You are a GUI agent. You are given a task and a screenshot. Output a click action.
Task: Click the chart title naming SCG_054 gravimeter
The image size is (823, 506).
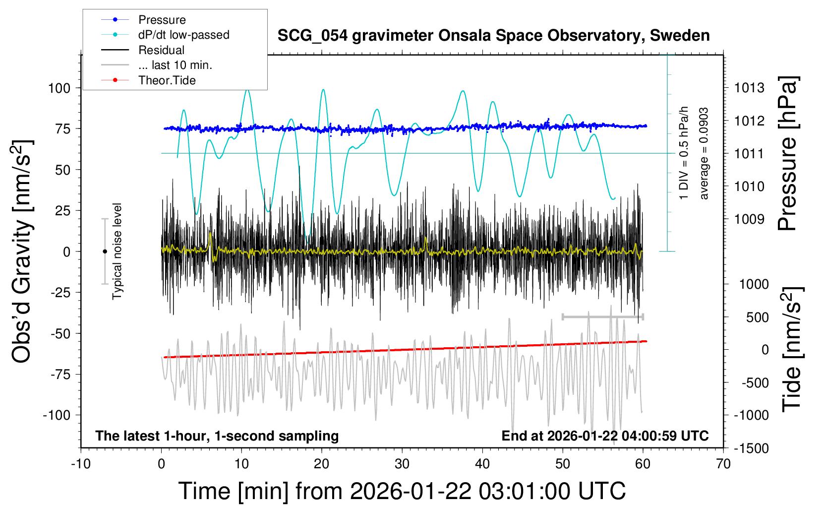pyautogui.click(x=493, y=36)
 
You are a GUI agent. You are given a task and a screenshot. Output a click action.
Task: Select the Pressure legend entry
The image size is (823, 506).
pyautogui.click(x=162, y=20)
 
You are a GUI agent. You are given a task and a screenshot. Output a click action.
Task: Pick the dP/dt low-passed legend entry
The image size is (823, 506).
pyautogui.click(x=183, y=35)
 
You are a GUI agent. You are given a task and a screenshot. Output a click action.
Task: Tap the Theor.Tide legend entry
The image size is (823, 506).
pyautogui.click(x=167, y=80)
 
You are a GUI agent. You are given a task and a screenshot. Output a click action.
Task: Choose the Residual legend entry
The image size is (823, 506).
pyautogui.click(x=161, y=50)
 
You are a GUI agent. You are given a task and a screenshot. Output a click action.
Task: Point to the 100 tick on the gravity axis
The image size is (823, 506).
pyautogui.click(x=59, y=88)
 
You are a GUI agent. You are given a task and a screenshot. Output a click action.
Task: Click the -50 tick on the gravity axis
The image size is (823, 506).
pyautogui.click(x=61, y=333)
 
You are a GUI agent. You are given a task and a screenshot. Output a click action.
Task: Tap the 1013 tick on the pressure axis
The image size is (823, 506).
pyautogui.click(x=749, y=88)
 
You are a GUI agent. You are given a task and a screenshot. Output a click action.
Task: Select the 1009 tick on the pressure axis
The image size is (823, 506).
pyautogui.click(x=749, y=219)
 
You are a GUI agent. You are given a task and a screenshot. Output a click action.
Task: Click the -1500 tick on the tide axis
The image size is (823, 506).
pyautogui.click(x=752, y=448)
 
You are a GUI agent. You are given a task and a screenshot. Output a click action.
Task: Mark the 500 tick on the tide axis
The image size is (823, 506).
pyautogui.click(x=757, y=317)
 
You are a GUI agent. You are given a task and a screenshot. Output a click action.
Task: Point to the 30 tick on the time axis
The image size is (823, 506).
pyautogui.click(x=402, y=464)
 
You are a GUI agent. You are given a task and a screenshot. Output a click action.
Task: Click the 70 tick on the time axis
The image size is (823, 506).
pyautogui.click(x=723, y=464)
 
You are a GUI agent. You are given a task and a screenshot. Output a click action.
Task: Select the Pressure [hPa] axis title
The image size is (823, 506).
pyautogui.click(x=787, y=153)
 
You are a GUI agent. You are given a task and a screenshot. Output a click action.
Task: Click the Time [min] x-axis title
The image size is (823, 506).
pyautogui.click(x=402, y=491)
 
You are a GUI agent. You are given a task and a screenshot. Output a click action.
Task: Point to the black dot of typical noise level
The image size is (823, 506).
pyautogui.click(x=105, y=252)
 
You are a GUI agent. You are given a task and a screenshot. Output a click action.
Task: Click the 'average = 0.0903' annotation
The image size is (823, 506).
pyautogui.click(x=704, y=153)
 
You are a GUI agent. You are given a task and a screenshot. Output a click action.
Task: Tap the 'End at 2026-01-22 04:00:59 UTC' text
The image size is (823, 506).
pyautogui.click(x=605, y=436)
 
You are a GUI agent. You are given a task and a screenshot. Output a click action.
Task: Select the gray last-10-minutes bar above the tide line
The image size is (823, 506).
pyautogui.click(x=602, y=316)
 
